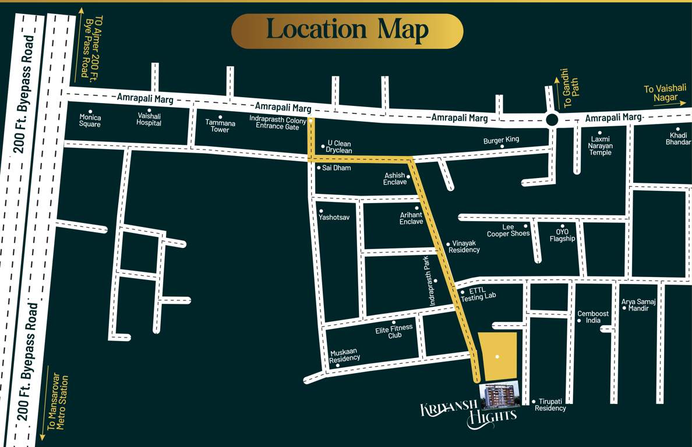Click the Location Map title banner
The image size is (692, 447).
[x=347, y=31]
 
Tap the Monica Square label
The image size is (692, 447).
[x=90, y=120]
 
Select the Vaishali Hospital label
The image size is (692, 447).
[x=149, y=119]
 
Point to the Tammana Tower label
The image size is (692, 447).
[x=220, y=126]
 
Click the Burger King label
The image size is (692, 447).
[x=501, y=140]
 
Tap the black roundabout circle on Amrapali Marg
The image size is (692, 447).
[x=552, y=120]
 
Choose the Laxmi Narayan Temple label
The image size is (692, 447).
[x=601, y=146]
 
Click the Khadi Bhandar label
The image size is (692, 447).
[x=678, y=139]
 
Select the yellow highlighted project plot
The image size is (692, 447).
[x=497, y=356]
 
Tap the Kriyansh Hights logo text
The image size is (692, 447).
[x=469, y=414]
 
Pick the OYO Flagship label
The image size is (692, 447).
[x=562, y=235]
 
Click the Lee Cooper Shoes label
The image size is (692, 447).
[x=509, y=230]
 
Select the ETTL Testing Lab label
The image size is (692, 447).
[x=478, y=296]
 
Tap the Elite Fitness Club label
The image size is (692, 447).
[x=394, y=331]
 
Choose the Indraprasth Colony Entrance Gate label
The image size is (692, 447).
[x=278, y=122]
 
